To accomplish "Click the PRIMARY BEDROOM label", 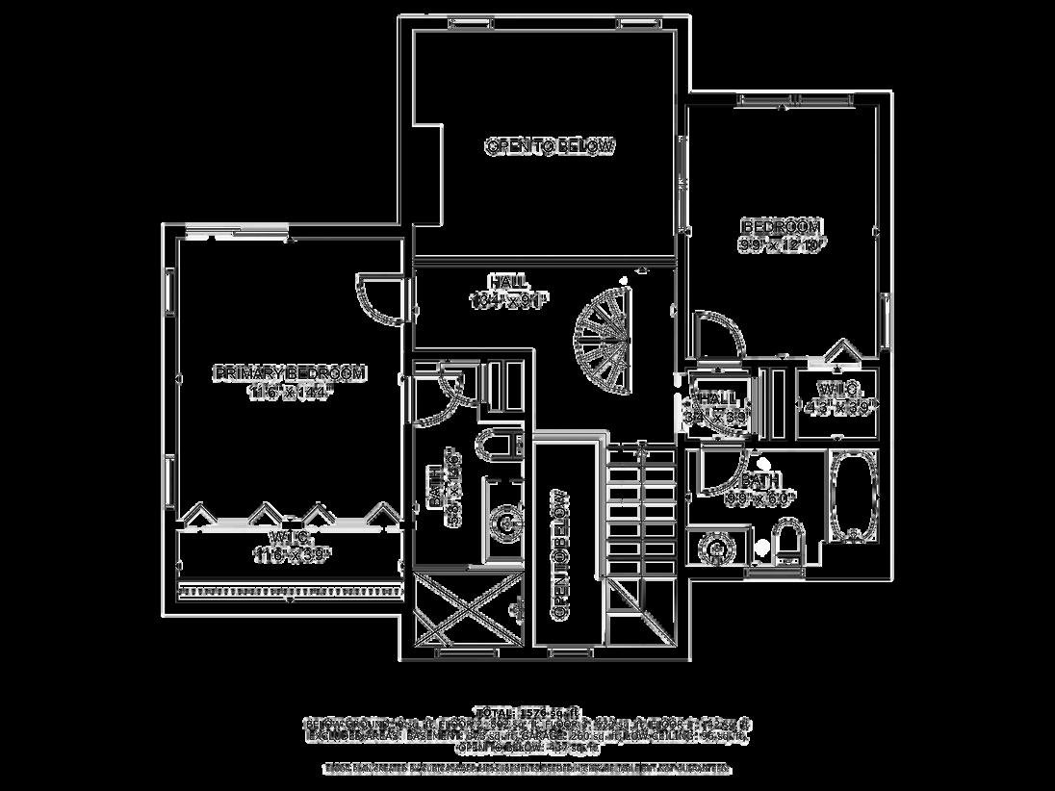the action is click(290, 372).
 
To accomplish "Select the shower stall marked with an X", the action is click(468, 610).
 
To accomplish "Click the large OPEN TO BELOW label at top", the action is click(550, 146).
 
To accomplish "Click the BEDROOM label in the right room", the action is click(781, 226).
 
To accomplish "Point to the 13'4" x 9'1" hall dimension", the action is click(507, 300).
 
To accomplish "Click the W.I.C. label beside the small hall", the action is click(837, 389).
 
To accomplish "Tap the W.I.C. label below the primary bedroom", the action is click(290, 536).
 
